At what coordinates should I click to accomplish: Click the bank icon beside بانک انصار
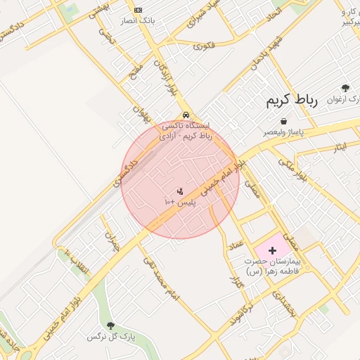[137, 10]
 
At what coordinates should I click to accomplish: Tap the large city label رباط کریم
[292, 100]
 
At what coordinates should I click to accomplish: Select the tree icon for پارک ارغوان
[345, 88]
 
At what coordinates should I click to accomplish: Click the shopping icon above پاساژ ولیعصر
[283, 122]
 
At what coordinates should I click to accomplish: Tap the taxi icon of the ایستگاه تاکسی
[185, 115]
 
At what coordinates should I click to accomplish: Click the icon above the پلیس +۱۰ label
[180, 191]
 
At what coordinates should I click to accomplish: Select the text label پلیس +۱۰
[179, 202]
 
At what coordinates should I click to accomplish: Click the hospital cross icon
[272, 250]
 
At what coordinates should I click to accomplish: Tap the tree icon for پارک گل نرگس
[110, 326]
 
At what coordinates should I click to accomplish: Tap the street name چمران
[112, 240]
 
